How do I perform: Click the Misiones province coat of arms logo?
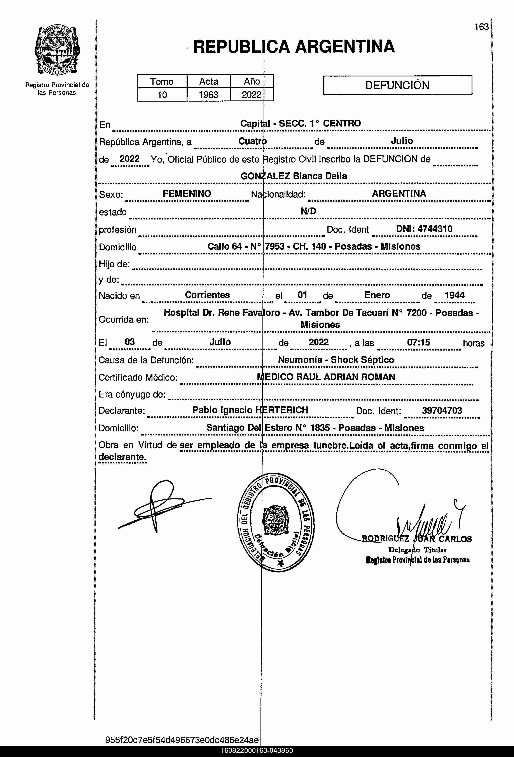[57, 50]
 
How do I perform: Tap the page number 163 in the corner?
[481, 27]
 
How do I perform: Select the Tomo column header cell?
[162, 81]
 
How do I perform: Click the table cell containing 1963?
[208, 95]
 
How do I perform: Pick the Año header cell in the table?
[252, 81]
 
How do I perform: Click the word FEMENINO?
[187, 194]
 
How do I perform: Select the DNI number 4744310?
[424, 229]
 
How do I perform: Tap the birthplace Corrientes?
[207, 295]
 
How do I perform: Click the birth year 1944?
[454, 295]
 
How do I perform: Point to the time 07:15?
[418, 342]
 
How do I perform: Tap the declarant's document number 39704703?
[442, 410]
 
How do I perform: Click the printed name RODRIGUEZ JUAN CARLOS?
[417, 539]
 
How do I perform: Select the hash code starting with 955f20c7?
[182, 740]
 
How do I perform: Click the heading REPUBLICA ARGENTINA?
[294, 47]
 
